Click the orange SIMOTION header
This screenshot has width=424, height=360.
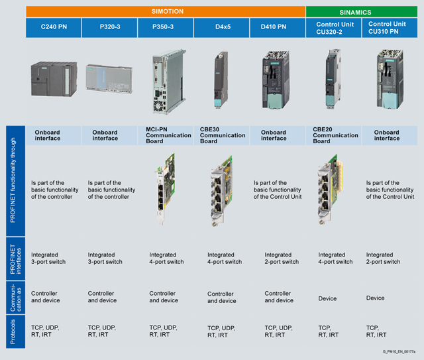pyautogui.click(x=166, y=11)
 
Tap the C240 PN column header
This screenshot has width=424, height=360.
pyautogui.click(x=53, y=28)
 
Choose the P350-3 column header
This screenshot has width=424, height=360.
pyautogui.click(x=165, y=28)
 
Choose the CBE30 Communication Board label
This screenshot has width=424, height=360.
pyautogui.click(x=223, y=135)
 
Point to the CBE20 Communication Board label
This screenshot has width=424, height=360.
pyautogui.click(x=335, y=135)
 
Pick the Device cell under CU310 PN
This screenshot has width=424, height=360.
pyautogui.click(x=375, y=298)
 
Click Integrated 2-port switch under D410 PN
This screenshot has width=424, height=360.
pyautogui.click(x=282, y=258)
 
